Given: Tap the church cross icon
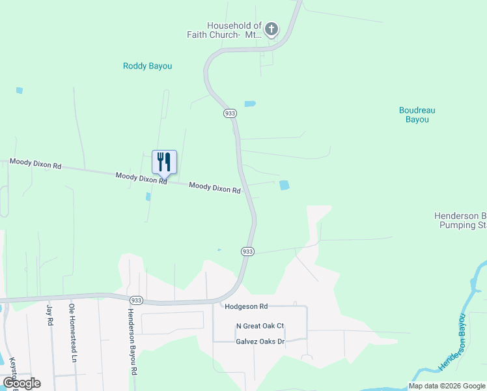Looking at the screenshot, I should [x=271, y=29].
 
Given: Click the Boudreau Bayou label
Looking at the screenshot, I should [x=417, y=115].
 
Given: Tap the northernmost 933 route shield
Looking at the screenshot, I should [x=230, y=113].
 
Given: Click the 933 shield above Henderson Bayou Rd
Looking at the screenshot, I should [x=136, y=300].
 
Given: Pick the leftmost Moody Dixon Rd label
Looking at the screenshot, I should [x=35, y=164].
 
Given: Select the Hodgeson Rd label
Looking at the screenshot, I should [x=245, y=306].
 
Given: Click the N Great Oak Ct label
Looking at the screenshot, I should [x=260, y=326].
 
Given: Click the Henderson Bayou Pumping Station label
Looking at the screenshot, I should [x=460, y=220].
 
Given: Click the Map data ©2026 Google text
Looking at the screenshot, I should [x=447, y=386].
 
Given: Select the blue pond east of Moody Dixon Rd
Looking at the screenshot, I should [x=285, y=185].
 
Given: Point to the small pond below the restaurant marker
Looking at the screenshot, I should [x=148, y=196].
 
